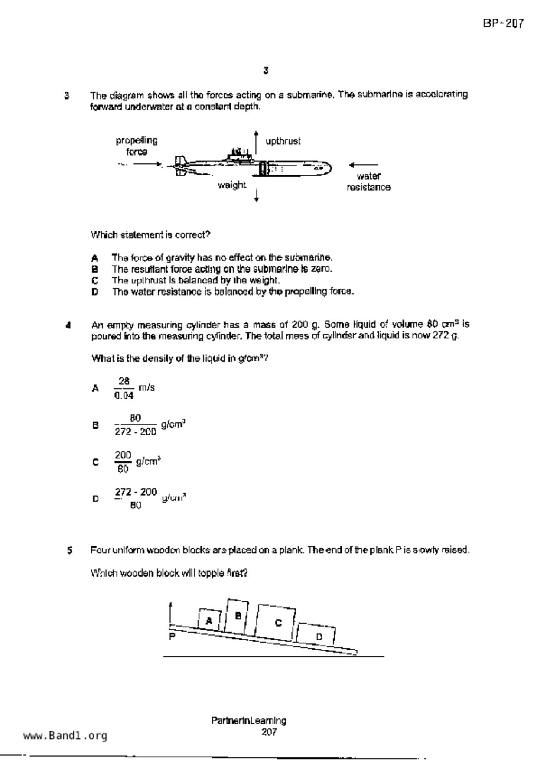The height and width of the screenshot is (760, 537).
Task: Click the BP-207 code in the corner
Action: point(503,23)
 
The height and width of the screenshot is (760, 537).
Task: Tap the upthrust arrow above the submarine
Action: point(256,142)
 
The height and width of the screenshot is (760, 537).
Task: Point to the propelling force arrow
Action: point(147,164)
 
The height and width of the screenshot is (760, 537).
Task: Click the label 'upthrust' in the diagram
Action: point(283,141)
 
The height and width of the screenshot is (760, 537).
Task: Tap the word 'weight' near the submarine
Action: point(232,185)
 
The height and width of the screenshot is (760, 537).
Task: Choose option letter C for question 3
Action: point(94,280)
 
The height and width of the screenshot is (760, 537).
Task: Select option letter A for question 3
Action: point(94,258)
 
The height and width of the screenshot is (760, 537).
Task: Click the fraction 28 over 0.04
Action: point(124,388)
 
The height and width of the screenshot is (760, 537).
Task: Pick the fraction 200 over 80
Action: point(123,462)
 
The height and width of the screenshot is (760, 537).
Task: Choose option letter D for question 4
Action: point(95,499)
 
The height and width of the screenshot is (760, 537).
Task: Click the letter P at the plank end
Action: point(172,637)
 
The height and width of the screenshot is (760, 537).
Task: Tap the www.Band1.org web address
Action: point(65,735)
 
